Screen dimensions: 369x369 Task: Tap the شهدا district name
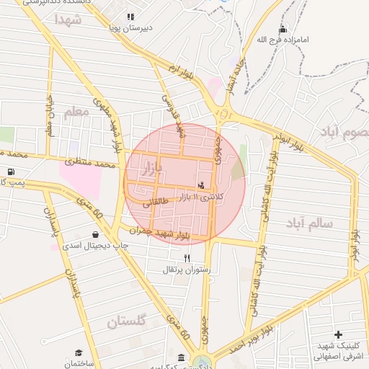68,19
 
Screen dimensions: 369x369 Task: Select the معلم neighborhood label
76,112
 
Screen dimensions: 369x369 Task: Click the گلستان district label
126,321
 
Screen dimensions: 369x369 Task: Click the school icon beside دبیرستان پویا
130,17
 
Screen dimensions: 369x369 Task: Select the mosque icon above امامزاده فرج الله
283,29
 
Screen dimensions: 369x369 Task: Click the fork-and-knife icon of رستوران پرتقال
187,258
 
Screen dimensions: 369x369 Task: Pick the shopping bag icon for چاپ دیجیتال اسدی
96,234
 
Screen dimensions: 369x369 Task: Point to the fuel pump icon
11,172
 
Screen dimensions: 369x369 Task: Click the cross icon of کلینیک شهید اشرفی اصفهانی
338,334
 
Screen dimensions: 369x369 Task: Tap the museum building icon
179,357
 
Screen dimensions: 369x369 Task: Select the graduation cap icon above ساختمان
78,352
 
